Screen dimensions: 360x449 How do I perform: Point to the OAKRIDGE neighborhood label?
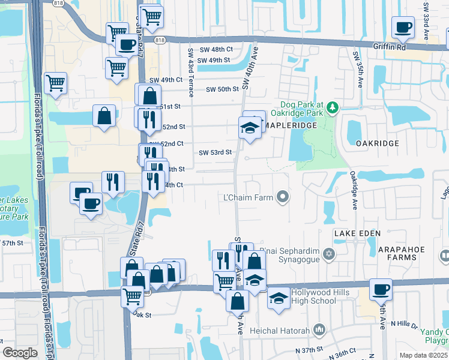click(x=377, y=143)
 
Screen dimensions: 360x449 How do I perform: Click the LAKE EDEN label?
click(x=354, y=232)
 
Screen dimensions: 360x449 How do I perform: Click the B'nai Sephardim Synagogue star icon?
click(x=328, y=255)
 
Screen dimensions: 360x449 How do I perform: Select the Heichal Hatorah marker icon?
click(x=319, y=329)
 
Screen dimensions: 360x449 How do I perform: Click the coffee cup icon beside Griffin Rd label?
click(x=403, y=28)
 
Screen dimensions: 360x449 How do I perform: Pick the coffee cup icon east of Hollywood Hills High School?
click(x=381, y=290)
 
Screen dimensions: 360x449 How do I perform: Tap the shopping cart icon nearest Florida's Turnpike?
click(x=55, y=83)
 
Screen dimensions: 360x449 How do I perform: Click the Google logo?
click(x=20, y=352)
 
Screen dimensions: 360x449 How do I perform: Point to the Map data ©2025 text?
click(x=423, y=355)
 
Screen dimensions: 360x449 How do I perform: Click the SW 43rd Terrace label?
click(x=190, y=73)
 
